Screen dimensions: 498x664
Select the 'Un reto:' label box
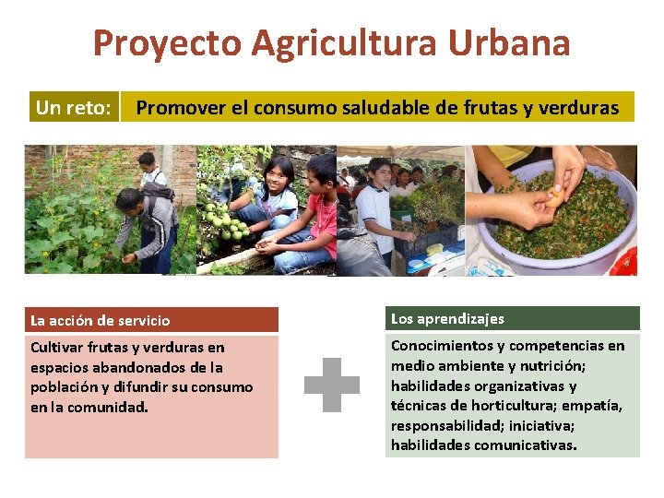click(74, 108)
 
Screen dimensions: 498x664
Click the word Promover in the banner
click(180, 108)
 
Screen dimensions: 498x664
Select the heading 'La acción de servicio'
click(101, 321)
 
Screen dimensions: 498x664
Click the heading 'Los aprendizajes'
click(447, 319)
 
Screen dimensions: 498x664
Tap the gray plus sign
click(332, 385)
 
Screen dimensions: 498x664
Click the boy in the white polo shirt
click(376, 207)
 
